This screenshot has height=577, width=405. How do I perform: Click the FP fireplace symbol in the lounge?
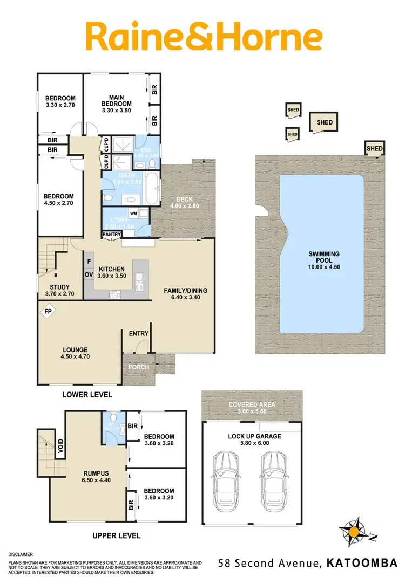(x=48, y=312)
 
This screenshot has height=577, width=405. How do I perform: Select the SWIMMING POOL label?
(x=324, y=260)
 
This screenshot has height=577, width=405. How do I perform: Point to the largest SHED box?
(x=325, y=122)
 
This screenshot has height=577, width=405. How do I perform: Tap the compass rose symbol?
(x=354, y=532)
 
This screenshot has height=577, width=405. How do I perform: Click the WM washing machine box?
(x=133, y=213)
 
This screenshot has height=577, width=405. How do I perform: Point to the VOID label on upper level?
(x=61, y=445)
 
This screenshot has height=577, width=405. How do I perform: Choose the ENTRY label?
(x=138, y=333)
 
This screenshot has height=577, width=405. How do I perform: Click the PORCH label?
(x=138, y=367)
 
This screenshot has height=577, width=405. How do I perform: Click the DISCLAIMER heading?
(x=21, y=554)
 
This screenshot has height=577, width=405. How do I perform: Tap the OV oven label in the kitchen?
(x=89, y=274)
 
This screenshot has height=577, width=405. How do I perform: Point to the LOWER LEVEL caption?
(x=87, y=395)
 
